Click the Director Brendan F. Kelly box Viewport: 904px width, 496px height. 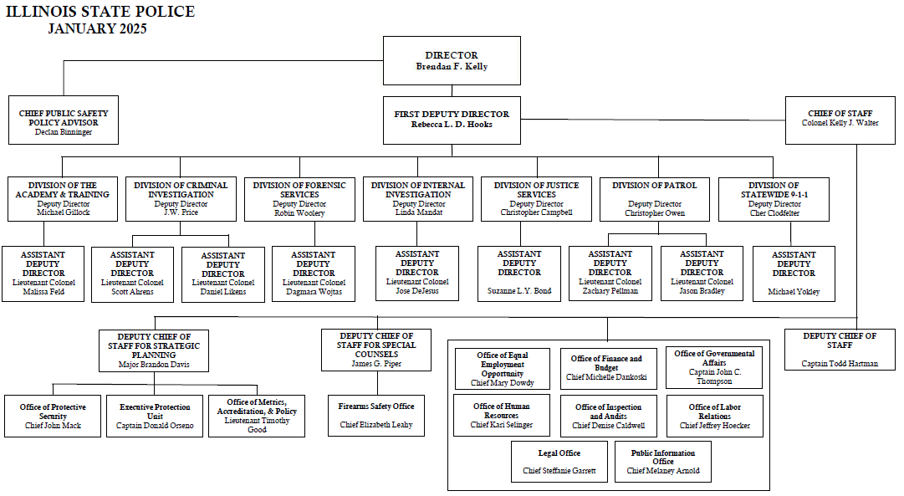coord(452,60)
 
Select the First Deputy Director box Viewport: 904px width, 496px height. coord(452,120)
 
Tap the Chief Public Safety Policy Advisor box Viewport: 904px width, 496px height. coord(64,120)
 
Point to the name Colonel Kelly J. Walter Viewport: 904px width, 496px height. coord(840,123)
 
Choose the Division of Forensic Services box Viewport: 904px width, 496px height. coord(299,199)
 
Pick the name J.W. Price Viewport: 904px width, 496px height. coord(181,212)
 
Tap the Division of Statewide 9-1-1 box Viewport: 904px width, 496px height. coord(774,199)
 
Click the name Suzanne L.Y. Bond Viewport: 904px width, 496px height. coord(519,291)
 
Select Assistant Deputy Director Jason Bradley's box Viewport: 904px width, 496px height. coord(702,274)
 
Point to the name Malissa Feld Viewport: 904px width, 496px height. coord(43,292)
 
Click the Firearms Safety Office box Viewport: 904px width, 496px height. coord(376,415)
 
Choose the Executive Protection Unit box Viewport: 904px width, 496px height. coord(155,416)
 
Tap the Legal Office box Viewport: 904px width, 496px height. coord(559,462)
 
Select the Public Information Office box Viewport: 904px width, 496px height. coord(663,462)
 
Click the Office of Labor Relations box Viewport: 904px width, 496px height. coord(715,416)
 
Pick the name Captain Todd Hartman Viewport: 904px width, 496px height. coord(840,364)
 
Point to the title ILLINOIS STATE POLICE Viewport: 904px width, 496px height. coord(100,12)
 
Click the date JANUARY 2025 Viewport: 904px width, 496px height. coord(98,28)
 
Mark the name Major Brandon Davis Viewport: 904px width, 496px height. coord(154,365)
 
